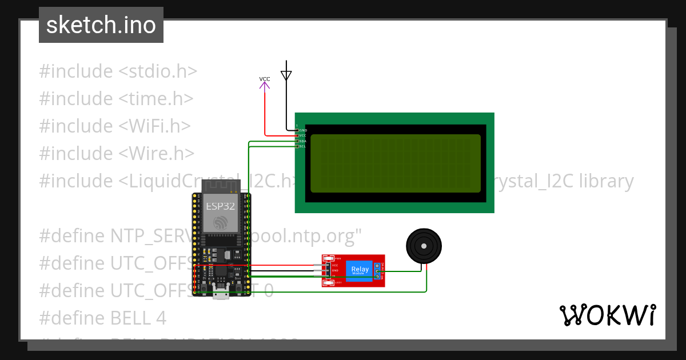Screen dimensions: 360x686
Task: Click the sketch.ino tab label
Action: click(x=101, y=25)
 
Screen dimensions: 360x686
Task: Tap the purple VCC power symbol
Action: click(x=265, y=85)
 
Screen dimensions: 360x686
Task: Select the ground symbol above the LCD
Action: click(x=286, y=74)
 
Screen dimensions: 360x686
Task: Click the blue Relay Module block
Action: click(x=360, y=270)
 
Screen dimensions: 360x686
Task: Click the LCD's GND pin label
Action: click(x=304, y=130)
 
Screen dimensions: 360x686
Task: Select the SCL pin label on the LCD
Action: click(x=303, y=146)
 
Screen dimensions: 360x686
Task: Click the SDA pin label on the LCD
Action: click(x=303, y=141)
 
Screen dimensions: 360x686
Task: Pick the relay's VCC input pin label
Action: click(x=335, y=265)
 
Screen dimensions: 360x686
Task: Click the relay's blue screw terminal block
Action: click(x=377, y=271)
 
